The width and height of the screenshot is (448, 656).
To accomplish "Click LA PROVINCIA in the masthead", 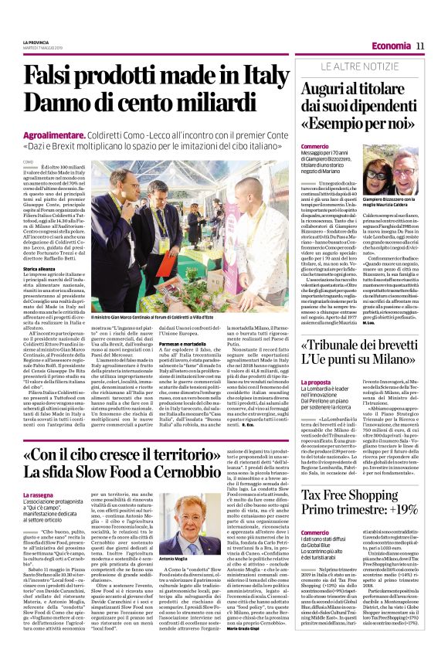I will click(x=36, y=42).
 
